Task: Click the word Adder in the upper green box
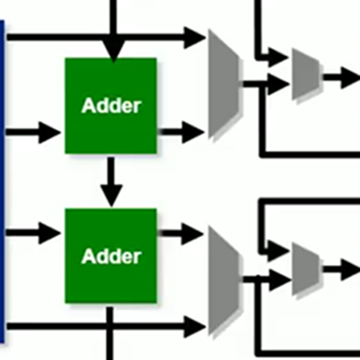coord(112,106)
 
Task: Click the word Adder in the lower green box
coord(112,256)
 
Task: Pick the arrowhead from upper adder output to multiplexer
coord(193,132)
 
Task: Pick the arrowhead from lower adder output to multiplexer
coord(193,234)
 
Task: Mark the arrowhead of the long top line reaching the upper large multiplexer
coord(194,38)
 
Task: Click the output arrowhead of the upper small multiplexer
coord(350,77)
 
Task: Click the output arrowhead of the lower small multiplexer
coord(350,269)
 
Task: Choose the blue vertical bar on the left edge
coord(2,182)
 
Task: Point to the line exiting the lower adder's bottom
coord(110,334)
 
